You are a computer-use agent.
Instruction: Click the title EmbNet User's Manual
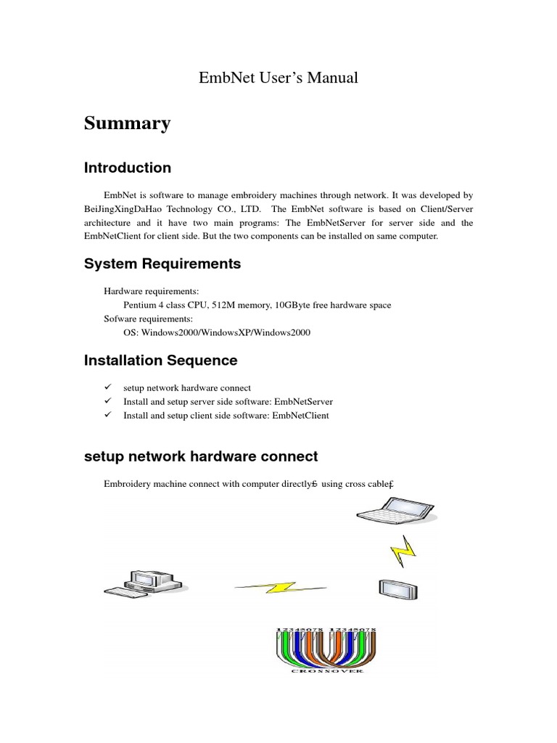tap(278, 77)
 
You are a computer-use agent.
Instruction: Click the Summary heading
tap(127, 123)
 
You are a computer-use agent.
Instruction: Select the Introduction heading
tap(128, 168)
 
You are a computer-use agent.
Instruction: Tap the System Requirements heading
tap(162, 264)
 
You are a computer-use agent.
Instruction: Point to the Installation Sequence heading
tap(160, 360)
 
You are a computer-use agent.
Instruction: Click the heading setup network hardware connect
tap(201, 456)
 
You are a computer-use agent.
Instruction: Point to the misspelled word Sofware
tap(123, 319)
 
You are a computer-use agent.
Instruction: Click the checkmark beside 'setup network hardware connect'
tap(107, 387)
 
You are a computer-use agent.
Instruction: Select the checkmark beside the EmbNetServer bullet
tap(107, 401)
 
